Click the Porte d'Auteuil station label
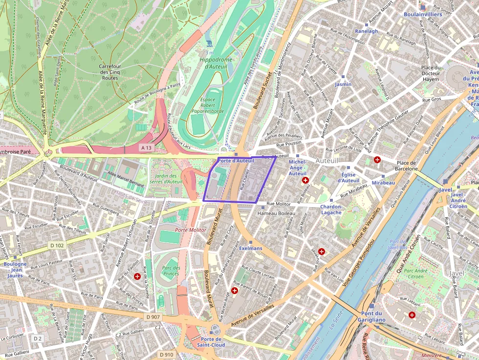coord(236,161)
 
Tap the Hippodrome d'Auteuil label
coord(216,63)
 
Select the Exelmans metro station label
coord(250,248)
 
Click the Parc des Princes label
coord(171,271)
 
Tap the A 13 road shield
coord(146,148)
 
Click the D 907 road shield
coord(153,317)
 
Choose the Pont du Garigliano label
coord(373,317)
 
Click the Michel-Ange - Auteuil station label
coord(297,168)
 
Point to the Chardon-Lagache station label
coord(331,210)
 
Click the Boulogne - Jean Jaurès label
coord(15,270)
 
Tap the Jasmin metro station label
coord(343,84)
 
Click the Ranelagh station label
coord(367,31)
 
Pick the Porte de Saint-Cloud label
coord(212,342)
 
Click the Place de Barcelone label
coord(406,166)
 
